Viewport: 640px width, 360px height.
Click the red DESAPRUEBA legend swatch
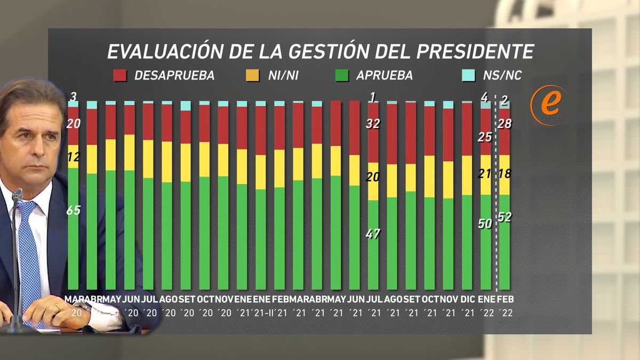tap(120, 75)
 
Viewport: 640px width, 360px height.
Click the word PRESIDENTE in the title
tap(475, 51)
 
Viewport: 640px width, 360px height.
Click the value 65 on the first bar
tap(73, 210)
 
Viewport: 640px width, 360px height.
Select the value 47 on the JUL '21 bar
tap(373, 234)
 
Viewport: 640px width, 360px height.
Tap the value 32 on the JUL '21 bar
tap(373, 124)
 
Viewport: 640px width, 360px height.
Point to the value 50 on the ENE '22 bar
tap(485, 224)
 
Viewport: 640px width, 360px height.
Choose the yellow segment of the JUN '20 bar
tap(129, 153)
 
